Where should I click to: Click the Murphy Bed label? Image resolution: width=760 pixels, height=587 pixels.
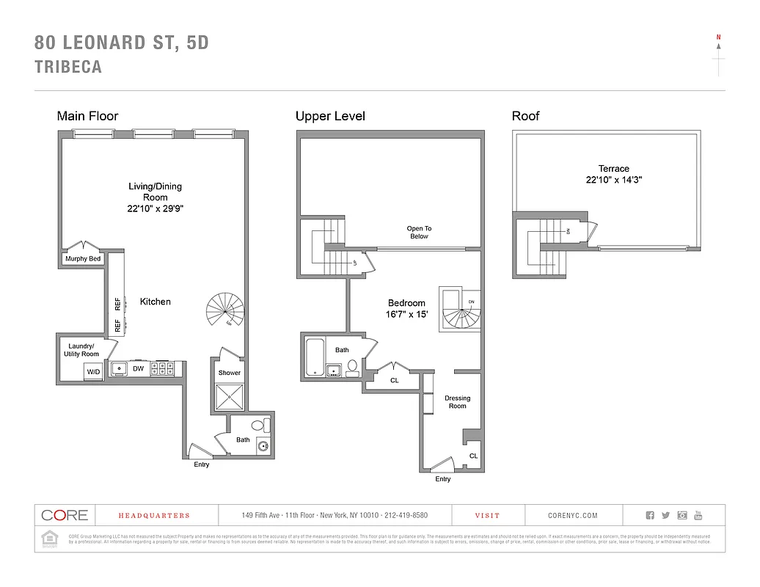pos(83,259)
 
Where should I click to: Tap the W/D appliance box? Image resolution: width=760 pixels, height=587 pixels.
pos(93,372)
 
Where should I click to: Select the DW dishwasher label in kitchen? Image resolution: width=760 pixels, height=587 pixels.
pos(138,369)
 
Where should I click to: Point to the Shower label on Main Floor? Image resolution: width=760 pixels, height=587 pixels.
pos(229,373)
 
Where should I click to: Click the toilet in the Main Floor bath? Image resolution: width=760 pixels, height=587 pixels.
pos(257,425)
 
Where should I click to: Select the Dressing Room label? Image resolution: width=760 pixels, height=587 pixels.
pos(457,402)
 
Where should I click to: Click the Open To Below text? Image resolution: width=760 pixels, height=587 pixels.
pos(419,233)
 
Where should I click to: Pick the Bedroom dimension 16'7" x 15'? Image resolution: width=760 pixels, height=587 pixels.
pos(406,314)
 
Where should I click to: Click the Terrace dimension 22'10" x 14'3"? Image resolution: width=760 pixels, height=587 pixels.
pos(613,180)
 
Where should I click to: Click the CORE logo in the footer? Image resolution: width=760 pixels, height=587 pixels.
pos(65,515)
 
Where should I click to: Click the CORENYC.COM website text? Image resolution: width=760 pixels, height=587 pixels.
pos(572,516)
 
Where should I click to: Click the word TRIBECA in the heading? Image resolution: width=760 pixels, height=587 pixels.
pos(68,67)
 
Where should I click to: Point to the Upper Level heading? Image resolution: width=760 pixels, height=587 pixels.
pos(330,116)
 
